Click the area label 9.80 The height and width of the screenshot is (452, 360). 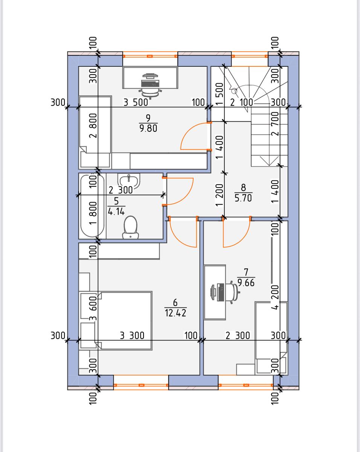tap(148, 128)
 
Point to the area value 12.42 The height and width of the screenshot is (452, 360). tap(175, 313)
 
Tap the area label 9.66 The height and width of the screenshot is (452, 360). tap(247, 282)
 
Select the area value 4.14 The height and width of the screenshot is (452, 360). tap(116, 212)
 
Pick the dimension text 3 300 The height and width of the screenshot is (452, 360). tap(132, 335)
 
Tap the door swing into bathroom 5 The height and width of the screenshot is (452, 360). tap(179, 191)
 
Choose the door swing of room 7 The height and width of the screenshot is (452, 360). tap(236, 234)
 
